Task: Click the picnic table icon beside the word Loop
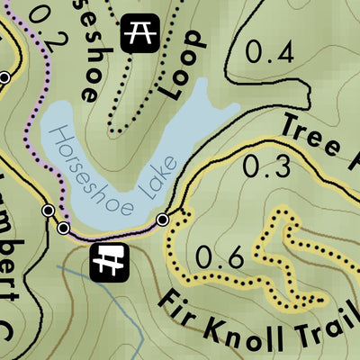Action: click(x=139, y=34)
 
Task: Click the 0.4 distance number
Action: click(x=270, y=54)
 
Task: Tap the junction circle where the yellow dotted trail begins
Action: click(x=163, y=220)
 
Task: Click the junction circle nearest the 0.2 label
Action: click(x=4, y=78)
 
